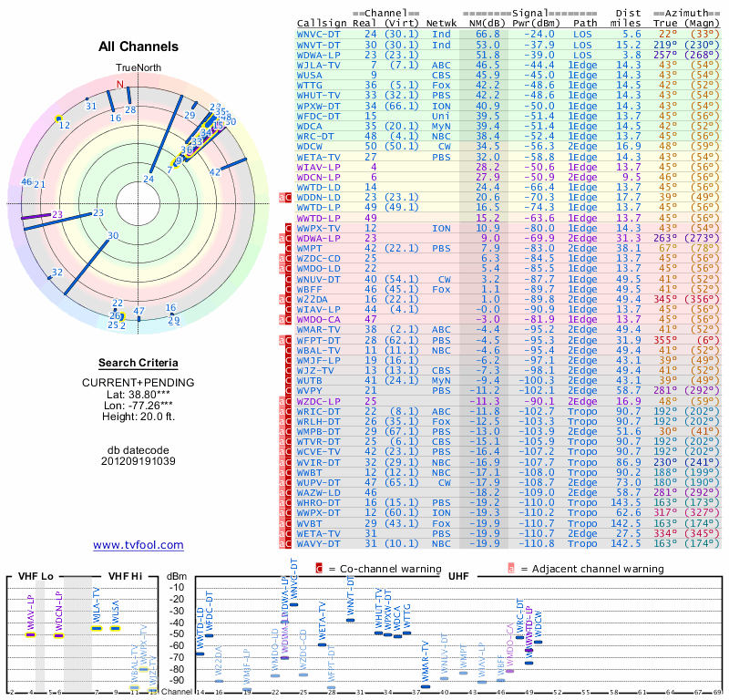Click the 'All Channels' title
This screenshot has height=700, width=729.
pos(138,46)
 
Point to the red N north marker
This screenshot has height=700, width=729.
pos(120,84)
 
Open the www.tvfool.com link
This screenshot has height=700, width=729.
pos(138,545)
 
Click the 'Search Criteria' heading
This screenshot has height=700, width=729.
pos(138,362)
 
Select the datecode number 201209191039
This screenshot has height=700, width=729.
pos(138,461)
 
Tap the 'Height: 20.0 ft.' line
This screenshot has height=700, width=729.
pos(138,417)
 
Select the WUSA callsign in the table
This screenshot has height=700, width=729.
pos(314,77)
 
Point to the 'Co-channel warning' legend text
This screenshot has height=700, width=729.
pos(375,570)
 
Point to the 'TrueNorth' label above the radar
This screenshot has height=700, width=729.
pos(138,68)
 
